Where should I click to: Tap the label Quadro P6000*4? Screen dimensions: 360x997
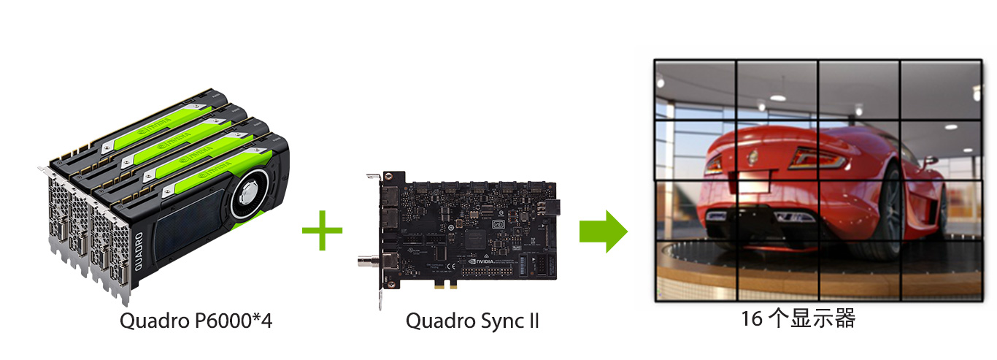click(196, 321)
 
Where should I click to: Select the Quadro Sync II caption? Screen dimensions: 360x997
click(471, 321)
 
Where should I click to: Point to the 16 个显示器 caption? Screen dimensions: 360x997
click(797, 319)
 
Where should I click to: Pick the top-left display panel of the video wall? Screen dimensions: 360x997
click(695, 89)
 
